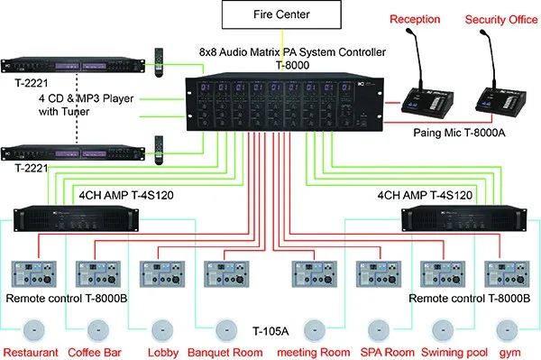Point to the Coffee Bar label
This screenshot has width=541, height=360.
pyautogui.click(x=96, y=352)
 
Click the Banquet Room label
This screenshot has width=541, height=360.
pyautogui.click(x=225, y=352)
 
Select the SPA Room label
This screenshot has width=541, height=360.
pyautogui.click(x=369, y=352)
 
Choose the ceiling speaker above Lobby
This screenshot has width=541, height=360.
pyautogui.click(x=160, y=328)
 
